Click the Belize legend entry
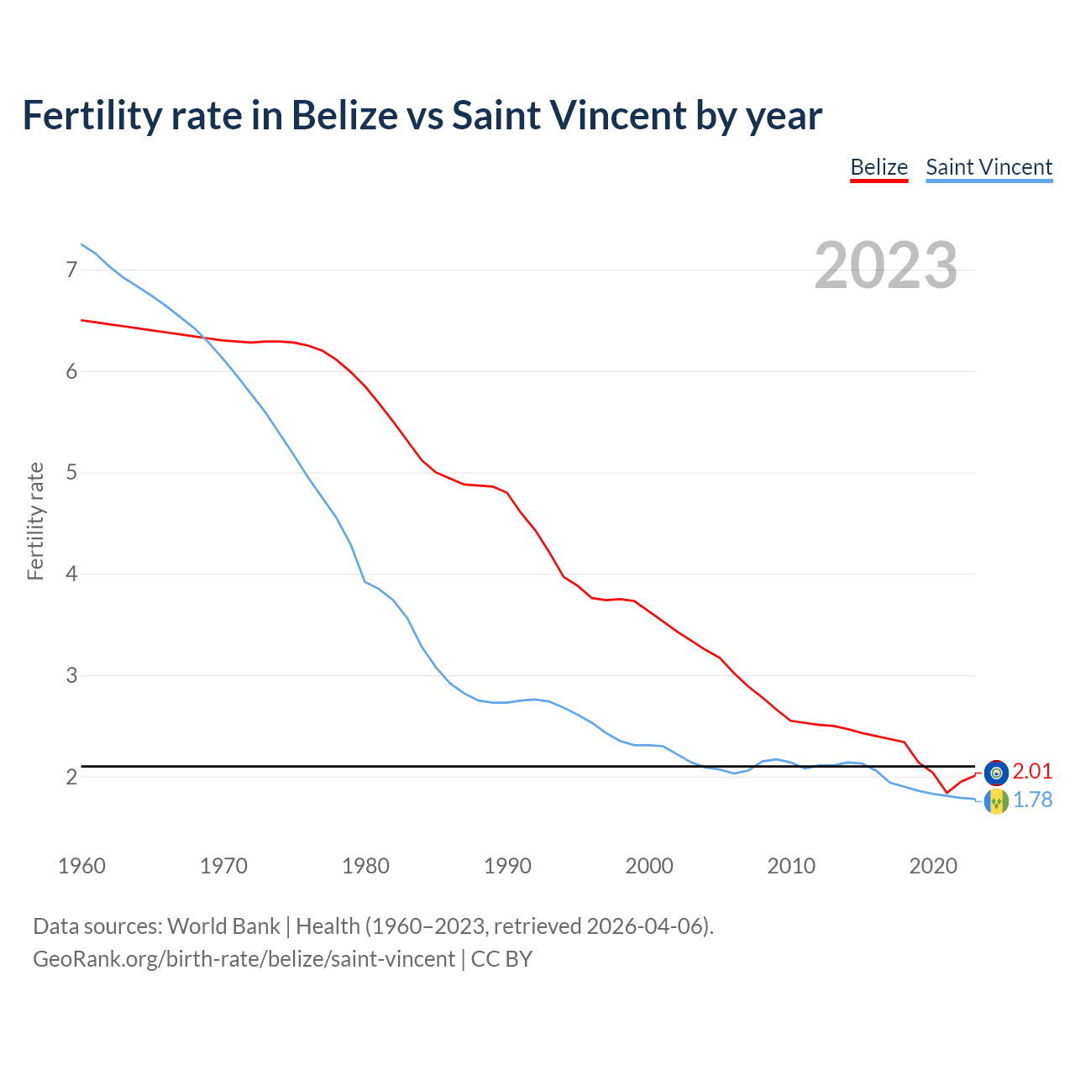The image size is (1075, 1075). click(x=878, y=167)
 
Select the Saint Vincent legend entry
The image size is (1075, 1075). click(x=988, y=167)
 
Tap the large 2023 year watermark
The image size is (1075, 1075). click(x=885, y=265)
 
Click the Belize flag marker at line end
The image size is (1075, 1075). click(x=995, y=772)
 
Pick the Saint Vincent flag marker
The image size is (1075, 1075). click(x=995, y=801)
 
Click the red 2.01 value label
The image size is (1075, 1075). click(x=1032, y=772)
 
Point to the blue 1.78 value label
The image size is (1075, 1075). click(x=1032, y=800)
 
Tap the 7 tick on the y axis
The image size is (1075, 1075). click(x=71, y=270)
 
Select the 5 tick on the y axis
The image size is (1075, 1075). click(x=71, y=473)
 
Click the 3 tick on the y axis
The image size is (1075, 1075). click(x=71, y=676)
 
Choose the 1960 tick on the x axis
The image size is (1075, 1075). click(x=81, y=866)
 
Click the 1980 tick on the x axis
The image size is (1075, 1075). click(x=365, y=866)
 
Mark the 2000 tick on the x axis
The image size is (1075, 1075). click(x=649, y=866)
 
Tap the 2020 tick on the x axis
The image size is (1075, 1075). click(x=933, y=866)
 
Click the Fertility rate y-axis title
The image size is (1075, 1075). click(x=35, y=521)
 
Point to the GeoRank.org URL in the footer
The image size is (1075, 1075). click(x=244, y=958)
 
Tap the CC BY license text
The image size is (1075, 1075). click(x=501, y=958)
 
